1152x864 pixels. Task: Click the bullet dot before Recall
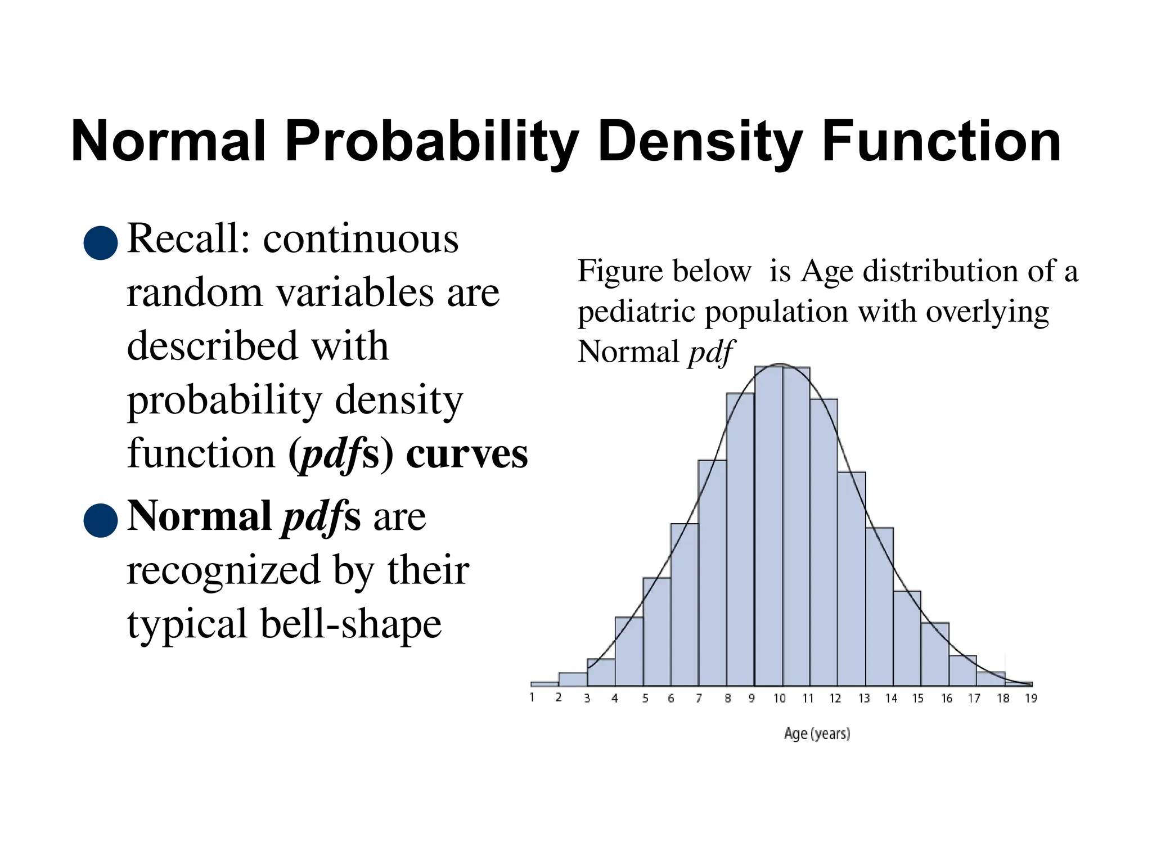101,243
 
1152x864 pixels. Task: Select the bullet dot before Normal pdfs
101,520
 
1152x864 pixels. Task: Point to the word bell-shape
351,624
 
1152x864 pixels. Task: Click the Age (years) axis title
817,733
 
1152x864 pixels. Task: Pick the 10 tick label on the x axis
779,699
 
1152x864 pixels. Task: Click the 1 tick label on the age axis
532,697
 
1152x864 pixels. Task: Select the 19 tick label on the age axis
1030,699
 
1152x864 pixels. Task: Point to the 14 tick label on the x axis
891,699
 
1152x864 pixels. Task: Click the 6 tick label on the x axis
670,699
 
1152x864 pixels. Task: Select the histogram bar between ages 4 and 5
629,652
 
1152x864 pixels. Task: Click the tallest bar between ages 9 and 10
768,529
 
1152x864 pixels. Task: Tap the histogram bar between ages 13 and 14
879,607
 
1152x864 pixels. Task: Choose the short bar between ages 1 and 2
544,684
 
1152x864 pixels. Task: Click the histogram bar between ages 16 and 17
962,672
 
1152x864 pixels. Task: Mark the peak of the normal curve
781,364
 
